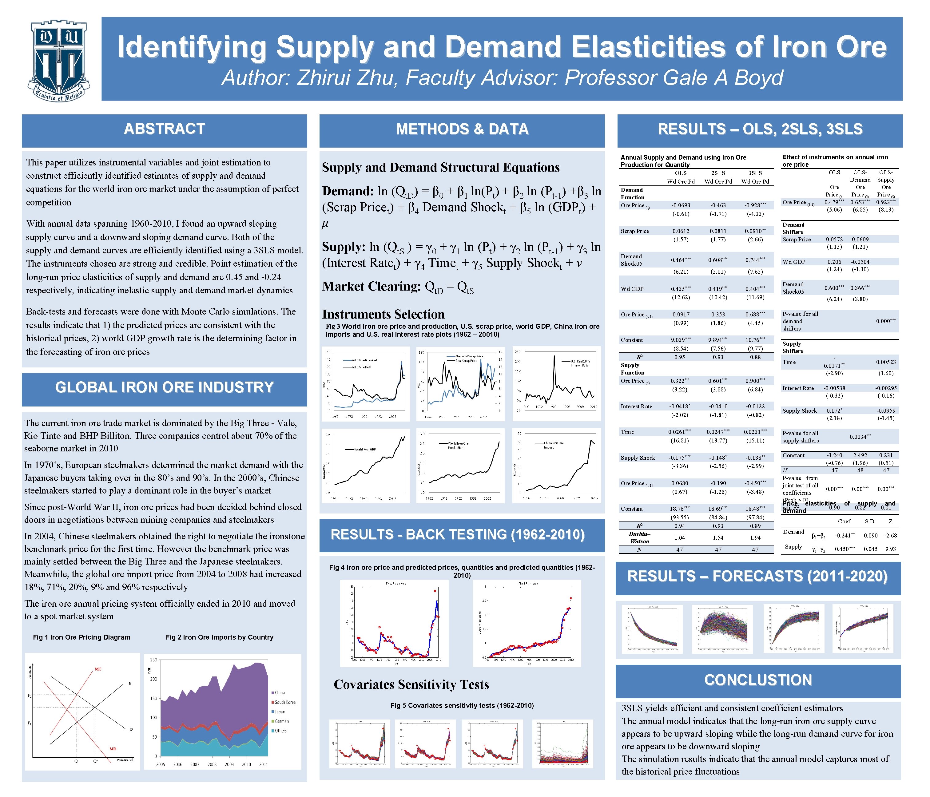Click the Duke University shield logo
pos(59,61)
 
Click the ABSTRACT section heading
pos(164,129)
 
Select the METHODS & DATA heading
pos(462,129)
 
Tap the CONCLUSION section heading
pos(758,680)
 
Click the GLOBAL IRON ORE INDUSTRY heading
pos(164,387)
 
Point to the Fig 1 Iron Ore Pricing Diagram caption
pos(82,637)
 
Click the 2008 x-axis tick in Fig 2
pos(212,764)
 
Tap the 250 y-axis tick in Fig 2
pos(153,660)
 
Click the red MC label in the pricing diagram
pos(98,669)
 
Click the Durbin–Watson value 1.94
pos(755,537)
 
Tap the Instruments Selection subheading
pos(383,314)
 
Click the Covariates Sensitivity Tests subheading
pos(411,684)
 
